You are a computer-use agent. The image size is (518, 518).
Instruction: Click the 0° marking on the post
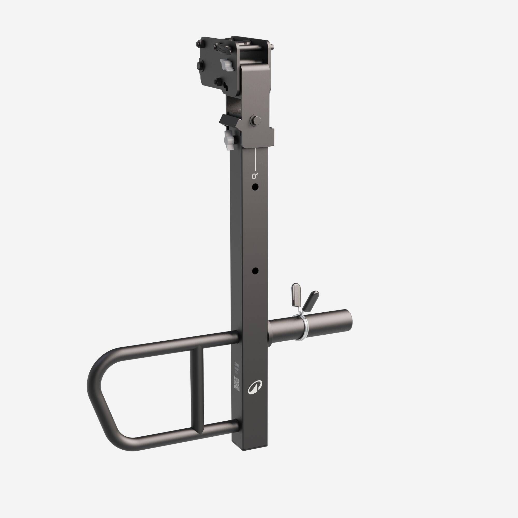255,176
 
